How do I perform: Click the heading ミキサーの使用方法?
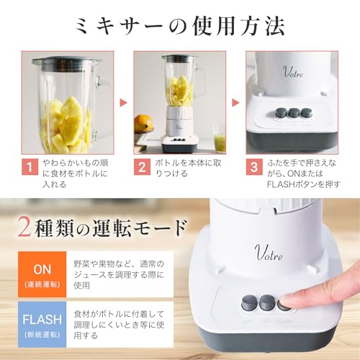point(179,27)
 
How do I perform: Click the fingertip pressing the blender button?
point(292,302)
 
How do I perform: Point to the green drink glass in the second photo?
point(219,138)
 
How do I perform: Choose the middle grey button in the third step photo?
point(294,113)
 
